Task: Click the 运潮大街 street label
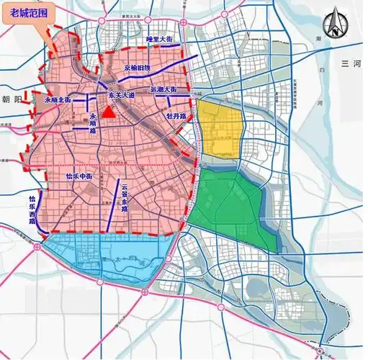163,90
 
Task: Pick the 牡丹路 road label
176,114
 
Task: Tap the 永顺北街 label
58,100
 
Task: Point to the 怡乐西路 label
32,210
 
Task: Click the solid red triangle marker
107,112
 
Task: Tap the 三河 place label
351,64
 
